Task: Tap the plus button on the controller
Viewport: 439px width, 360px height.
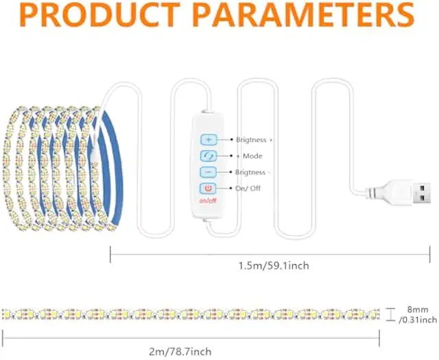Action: click(208, 139)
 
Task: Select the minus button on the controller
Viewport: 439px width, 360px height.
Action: click(208, 172)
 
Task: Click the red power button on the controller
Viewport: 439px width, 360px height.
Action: click(208, 188)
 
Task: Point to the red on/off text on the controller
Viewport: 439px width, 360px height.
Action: click(208, 201)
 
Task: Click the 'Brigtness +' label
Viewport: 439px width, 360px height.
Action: click(254, 139)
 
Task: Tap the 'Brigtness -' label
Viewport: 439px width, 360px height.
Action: click(253, 172)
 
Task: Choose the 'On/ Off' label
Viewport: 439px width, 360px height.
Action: click(248, 188)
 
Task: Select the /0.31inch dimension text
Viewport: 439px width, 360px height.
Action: click(418, 320)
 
